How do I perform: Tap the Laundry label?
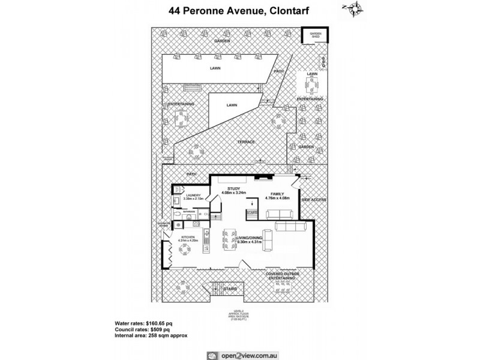pyautogui.click(x=193, y=195)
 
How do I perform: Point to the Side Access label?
pyautogui.click(x=313, y=199)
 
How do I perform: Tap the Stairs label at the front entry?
pyautogui.click(x=230, y=289)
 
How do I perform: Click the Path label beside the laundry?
pyautogui.click(x=191, y=175)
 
